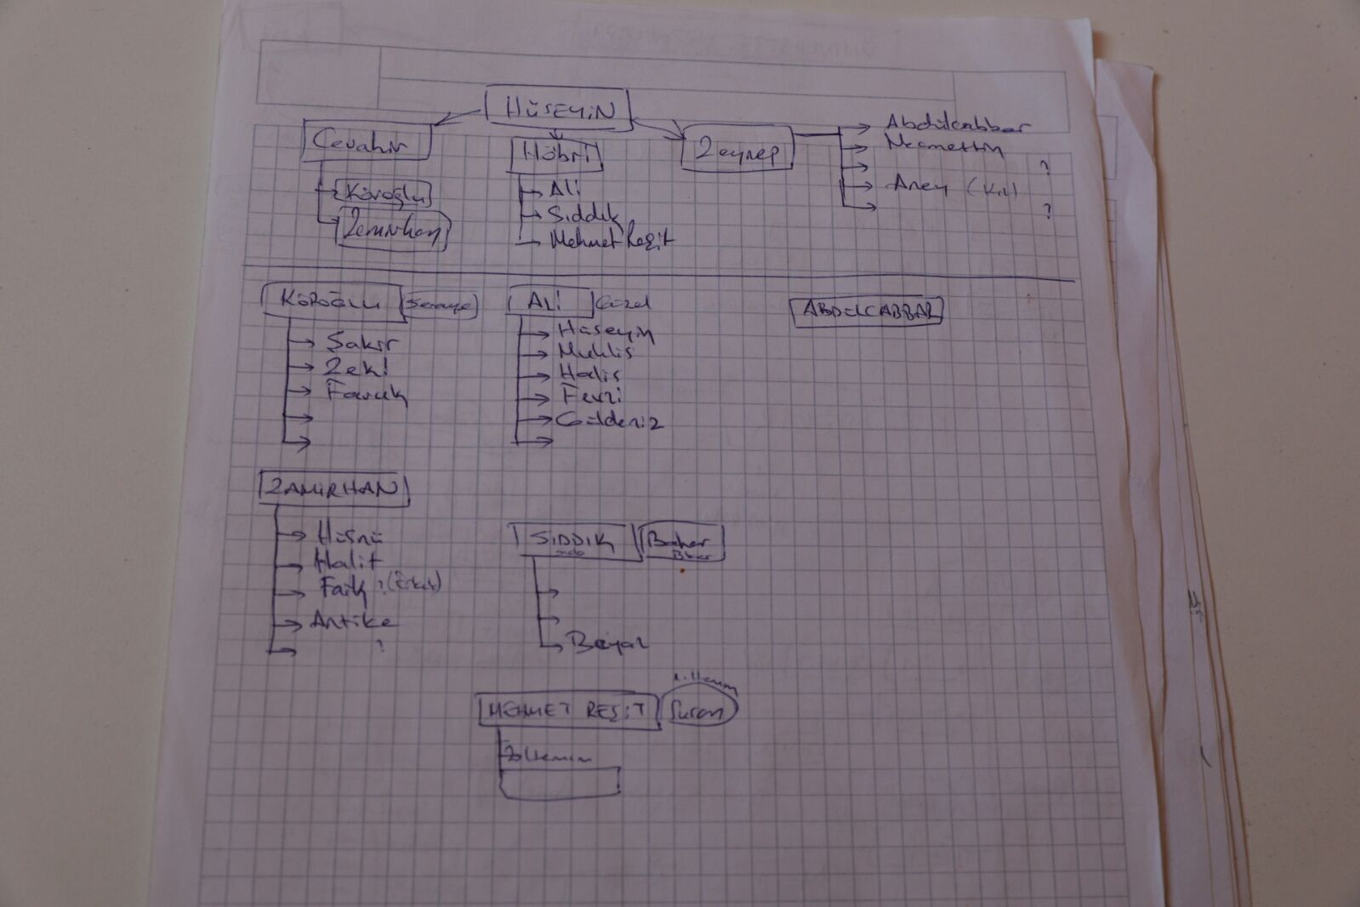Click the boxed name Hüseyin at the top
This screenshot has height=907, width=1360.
(x=558, y=109)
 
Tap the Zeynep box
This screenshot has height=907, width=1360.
(x=737, y=151)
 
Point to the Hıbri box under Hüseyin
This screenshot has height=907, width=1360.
(x=556, y=154)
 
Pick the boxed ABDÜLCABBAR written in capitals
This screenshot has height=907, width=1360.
(x=868, y=311)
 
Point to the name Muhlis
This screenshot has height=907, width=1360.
(x=595, y=351)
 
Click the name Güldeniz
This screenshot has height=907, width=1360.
(x=609, y=420)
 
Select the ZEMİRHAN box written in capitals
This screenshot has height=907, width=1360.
(x=333, y=489)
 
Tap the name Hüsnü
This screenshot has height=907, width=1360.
(x=349, y=536)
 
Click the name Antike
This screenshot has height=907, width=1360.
(x=352, y=621)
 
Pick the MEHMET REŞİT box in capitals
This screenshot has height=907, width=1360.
(x=569, y=711)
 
